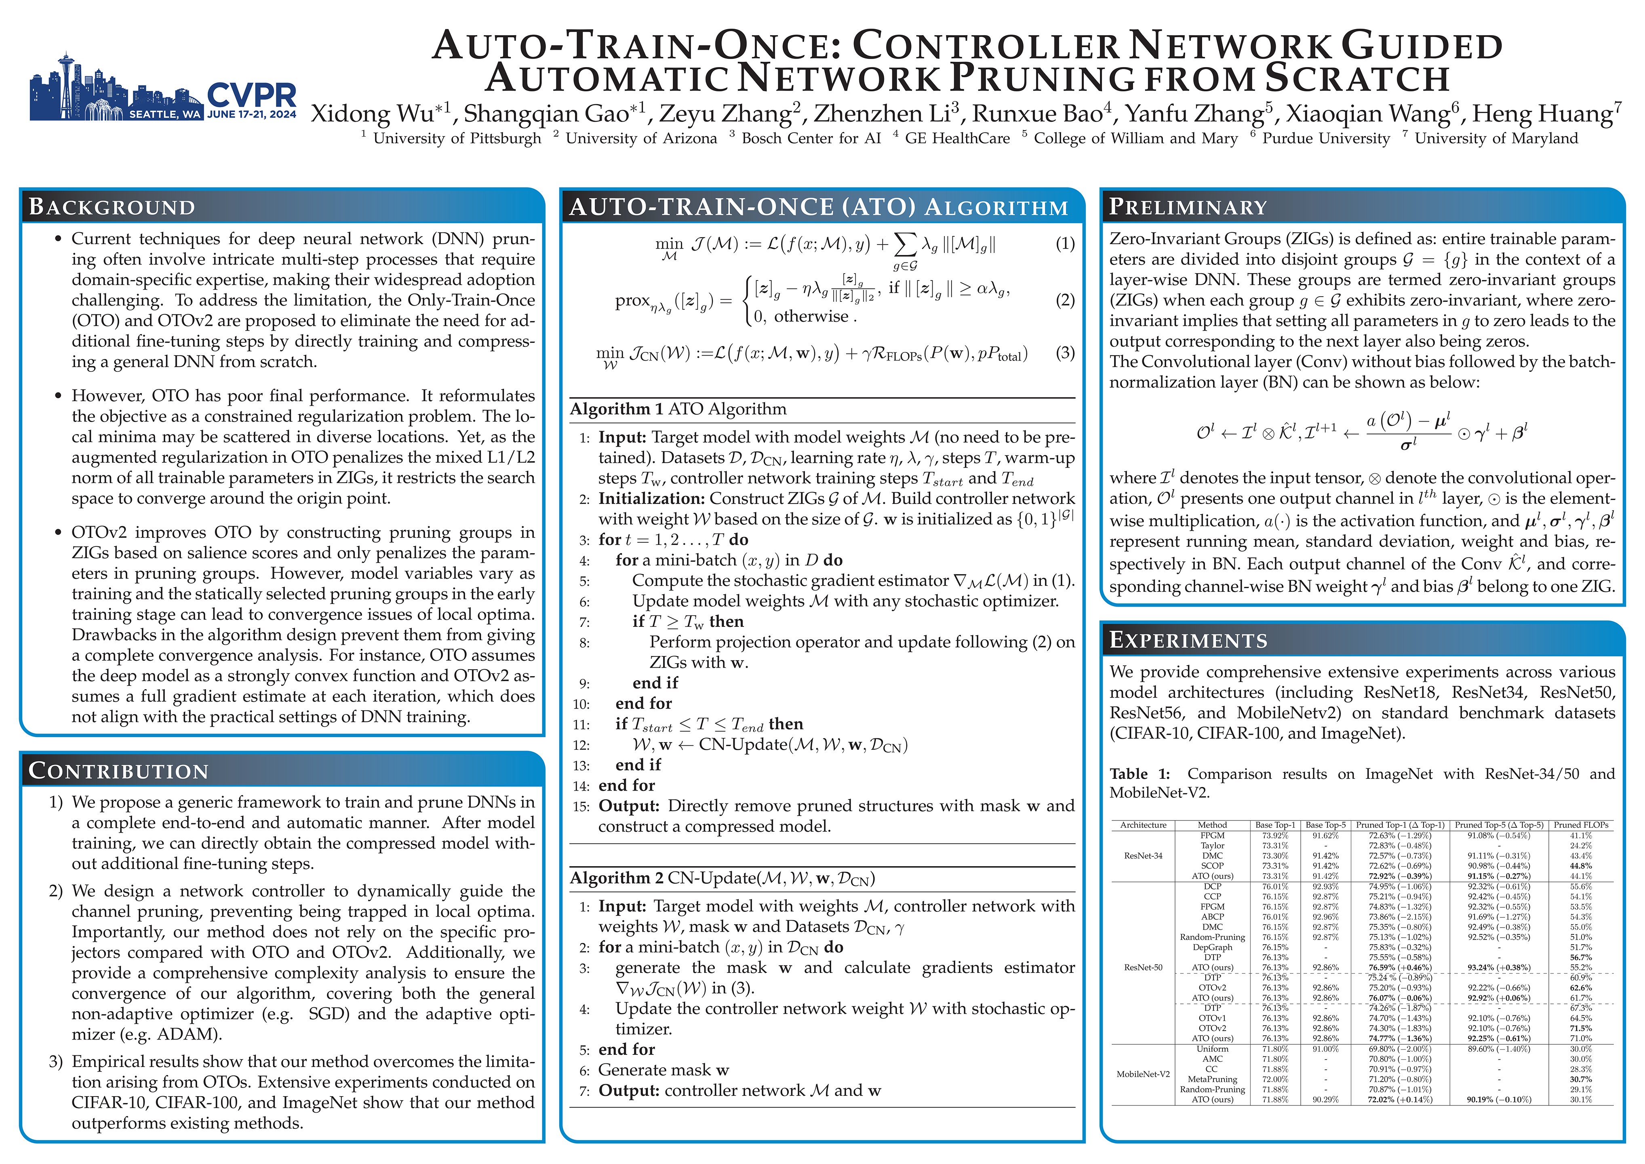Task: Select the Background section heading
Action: (x=112, y=207)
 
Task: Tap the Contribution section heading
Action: (x=119, y=771)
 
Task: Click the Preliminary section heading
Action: (x=1189, y=207)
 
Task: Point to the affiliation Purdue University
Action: (x=1325, y=138)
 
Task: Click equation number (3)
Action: (x=1065, y=353)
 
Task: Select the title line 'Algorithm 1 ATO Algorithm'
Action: (x=678, y=409)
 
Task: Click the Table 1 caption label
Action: (x=1139, y=774)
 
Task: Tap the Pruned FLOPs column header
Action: (x=1580, y=825)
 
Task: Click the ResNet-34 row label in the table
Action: (x=1144, y=856)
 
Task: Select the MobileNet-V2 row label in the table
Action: (x=1144, y=1074)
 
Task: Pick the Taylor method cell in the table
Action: (x=1212, y=846)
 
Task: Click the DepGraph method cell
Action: (x=1212, y=947)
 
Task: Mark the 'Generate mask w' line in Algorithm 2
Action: (x=663, y=1070)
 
